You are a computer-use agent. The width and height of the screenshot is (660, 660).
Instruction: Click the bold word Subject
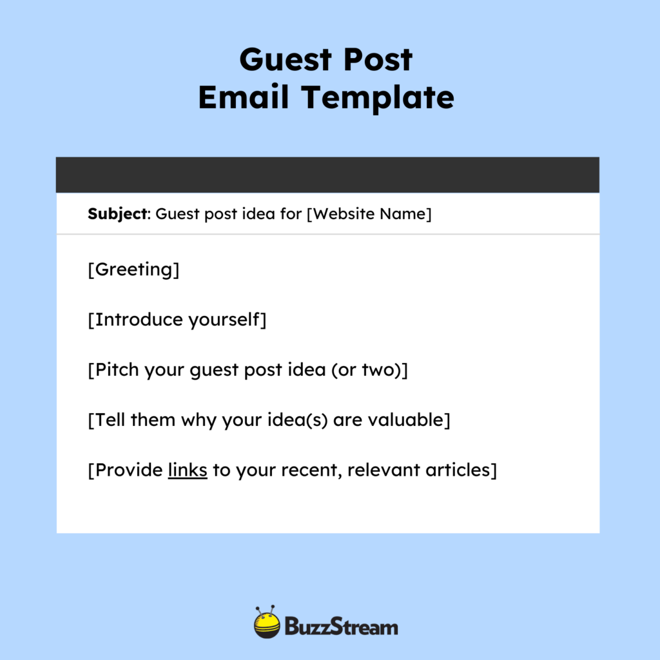[x=117, y=214]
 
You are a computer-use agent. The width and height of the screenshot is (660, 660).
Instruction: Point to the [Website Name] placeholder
[x=369, y=214]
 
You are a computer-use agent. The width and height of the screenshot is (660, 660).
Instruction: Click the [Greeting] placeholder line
[x=133, y=269]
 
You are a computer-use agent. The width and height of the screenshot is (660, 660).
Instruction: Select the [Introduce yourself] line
[x=177, y=320]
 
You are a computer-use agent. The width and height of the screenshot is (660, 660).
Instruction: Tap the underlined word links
[x=188, y=470]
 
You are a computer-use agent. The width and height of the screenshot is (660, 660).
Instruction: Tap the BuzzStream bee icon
[x=267, y=623]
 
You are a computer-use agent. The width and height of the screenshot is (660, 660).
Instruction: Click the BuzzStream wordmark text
[x=341, y=626]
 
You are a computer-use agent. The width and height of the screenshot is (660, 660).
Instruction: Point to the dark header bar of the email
[x=327, y=175]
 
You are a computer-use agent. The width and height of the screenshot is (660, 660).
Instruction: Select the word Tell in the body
[x=110, y=420]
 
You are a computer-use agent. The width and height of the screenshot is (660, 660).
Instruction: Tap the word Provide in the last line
[x=128, y=470]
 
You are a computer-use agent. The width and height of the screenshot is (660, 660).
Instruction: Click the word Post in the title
[x=380, y=61]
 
